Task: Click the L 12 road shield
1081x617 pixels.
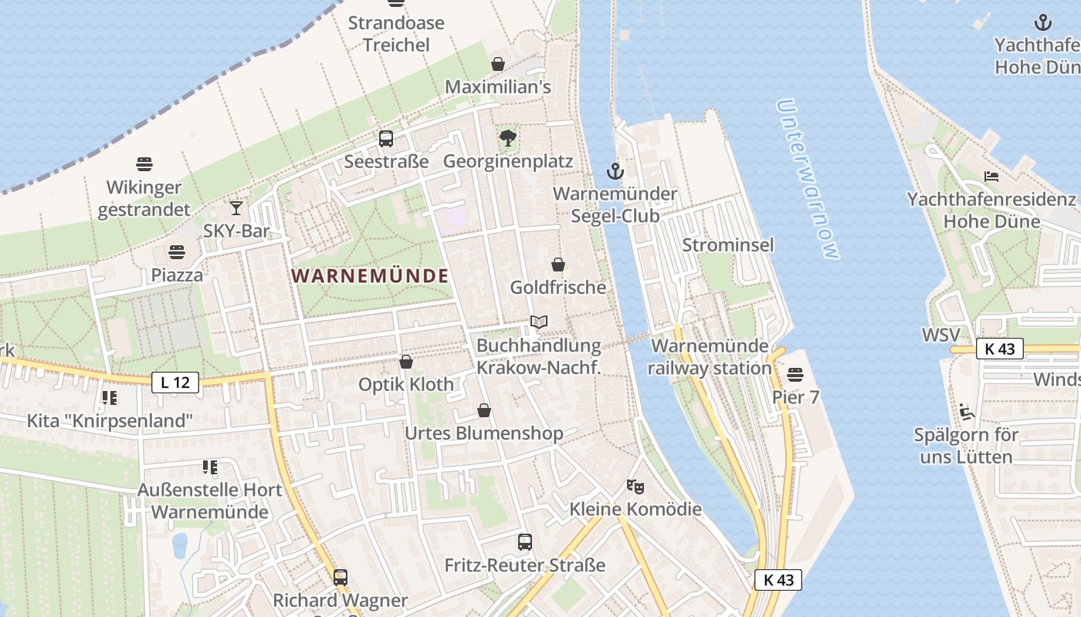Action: coord(175,382)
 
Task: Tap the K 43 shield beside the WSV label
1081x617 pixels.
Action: coord(1000,349)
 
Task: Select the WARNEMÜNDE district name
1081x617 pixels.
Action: coord(370,276)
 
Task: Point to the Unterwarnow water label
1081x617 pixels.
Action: coord(808,179)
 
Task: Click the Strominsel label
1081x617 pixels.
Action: coord(728,245)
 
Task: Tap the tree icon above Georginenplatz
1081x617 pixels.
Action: coord(508,139)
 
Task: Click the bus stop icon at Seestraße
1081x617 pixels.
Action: coord(386,139)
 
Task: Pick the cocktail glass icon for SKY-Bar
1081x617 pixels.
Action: coord(236,208)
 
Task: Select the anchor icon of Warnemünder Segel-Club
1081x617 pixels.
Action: coord(615,171)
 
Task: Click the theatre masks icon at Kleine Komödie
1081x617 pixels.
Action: coord(635,487)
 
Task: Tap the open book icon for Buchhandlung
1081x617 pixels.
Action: coord(539,322)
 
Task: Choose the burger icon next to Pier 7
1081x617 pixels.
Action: coord(795,375)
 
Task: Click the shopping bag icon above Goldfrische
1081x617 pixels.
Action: coord(558,265)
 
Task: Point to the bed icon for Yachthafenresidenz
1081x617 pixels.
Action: coord(991,177)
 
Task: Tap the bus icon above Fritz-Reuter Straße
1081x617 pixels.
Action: coord(525,542)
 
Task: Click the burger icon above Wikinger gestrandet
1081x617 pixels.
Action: coord(144,164)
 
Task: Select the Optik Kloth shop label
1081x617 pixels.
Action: coord(406,384)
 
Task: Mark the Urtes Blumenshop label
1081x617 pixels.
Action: coord(484,433)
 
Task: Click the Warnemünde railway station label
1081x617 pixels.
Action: coord(710,357)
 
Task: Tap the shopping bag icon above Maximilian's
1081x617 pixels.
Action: coord(498,64)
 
